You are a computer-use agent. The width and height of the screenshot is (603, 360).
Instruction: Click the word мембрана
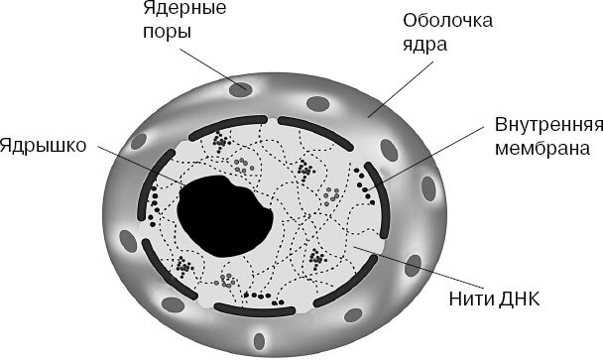pyautogui.click(x=544, y=150)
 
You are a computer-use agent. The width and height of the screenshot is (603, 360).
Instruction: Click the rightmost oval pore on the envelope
pyautogui.click(x=430, y=188)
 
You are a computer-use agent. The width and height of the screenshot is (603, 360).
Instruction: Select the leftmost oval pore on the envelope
pyautogui.click(x=126, y=241)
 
